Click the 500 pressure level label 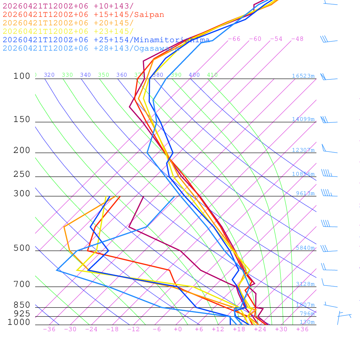22,248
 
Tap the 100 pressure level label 22,76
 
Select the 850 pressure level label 22,305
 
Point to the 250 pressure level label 22,174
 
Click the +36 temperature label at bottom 302,329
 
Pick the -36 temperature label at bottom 49,329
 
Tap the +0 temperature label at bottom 178,329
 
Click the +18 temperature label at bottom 239,329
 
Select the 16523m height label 303,76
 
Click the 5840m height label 305,248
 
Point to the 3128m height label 305,284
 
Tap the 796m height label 307,314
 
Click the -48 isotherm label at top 297,39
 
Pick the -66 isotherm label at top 234,39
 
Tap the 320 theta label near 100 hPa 49,75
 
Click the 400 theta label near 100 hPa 194,75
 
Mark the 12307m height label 303,150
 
